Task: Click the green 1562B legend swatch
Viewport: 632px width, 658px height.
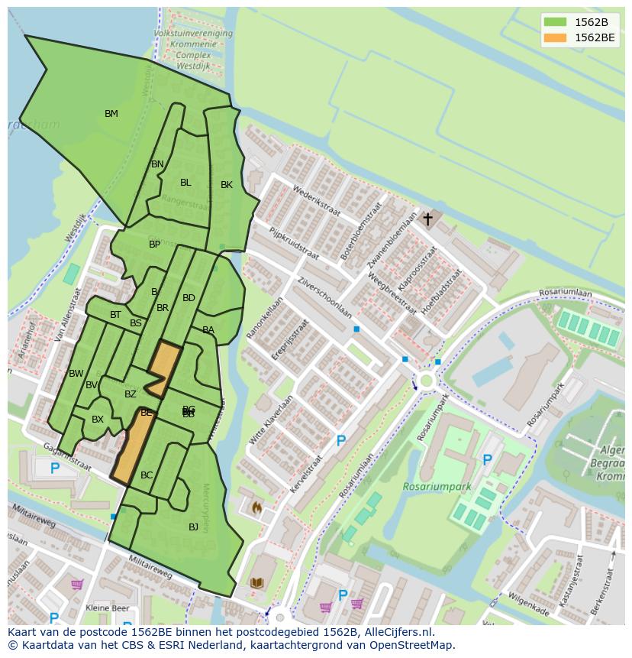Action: point(556,22)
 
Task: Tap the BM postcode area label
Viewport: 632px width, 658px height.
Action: point(111,114)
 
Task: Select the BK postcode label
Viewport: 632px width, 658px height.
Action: point(227,185)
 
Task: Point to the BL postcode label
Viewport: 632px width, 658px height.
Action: point(185,183)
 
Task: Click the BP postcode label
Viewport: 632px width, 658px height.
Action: point(155,245)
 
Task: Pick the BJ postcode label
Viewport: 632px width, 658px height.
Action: point(193,527)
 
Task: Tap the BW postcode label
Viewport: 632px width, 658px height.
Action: point(76,374)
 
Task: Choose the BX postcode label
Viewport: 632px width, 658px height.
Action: point(98,420)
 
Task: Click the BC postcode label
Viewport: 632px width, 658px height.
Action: point(147,475)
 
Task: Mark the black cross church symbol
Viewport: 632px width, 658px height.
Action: point(428,219)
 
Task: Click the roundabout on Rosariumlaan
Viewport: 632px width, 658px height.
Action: point(425,381)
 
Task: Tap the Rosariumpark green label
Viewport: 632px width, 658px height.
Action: point(437,487)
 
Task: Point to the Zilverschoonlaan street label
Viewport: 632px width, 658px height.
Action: point(325,297)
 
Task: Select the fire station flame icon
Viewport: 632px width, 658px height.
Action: point(256,507)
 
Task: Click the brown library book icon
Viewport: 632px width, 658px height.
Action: point(257,583)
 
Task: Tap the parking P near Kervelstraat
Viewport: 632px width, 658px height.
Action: point(341,441)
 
